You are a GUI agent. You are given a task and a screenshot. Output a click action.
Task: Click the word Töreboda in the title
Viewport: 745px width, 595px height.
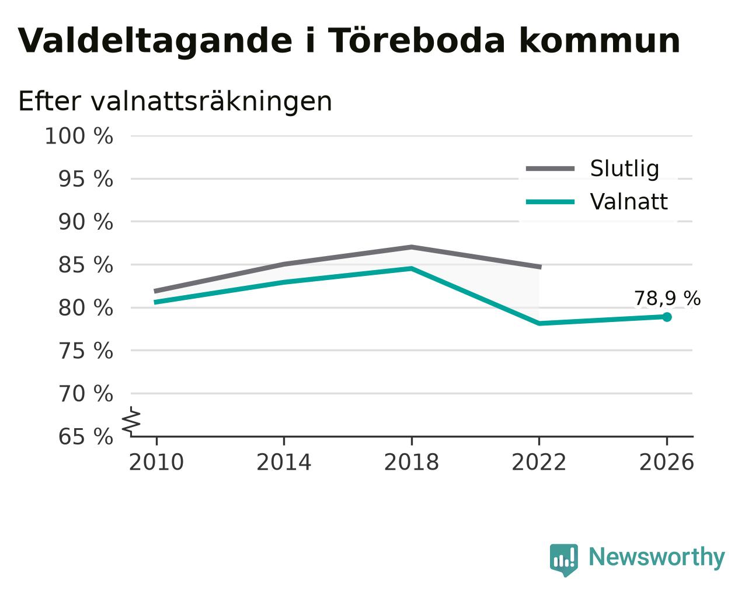coord(416,40)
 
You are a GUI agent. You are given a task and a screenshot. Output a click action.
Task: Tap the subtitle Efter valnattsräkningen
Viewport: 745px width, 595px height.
coord(175,101)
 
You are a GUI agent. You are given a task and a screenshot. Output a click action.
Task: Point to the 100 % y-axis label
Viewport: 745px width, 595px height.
coord(79,136)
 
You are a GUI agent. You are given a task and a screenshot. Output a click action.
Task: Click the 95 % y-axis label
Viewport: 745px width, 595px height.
coord(85,179)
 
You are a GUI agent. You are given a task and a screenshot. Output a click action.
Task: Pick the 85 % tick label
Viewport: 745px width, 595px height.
coord(85,265)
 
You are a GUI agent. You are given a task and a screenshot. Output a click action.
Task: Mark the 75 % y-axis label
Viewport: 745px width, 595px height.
coord(85,351)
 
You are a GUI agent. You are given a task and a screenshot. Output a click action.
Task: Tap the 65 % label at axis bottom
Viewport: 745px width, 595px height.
coord(85,436)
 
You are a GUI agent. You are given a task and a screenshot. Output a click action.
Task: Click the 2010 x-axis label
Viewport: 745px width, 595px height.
coord(156,462)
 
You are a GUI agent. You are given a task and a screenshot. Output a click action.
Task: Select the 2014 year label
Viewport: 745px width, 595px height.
coord(284,462)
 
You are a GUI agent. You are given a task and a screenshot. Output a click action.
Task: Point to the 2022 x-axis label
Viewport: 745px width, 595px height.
coord(539,462)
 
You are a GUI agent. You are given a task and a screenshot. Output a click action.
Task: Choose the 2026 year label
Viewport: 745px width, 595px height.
coord(666,462)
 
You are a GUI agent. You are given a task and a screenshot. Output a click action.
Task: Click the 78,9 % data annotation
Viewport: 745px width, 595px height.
coord(667,298)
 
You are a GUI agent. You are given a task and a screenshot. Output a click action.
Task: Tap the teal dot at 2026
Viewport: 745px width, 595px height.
coord(667,317)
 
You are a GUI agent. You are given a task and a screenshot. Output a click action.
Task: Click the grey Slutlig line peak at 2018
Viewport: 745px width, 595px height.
coord(411,247)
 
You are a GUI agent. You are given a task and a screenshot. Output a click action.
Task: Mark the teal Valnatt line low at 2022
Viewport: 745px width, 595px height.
coord(539,323)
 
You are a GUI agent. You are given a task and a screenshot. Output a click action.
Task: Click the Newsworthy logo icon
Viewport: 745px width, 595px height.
coord(564,561)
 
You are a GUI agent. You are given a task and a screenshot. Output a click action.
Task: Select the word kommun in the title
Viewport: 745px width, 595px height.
coord(600,40)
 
